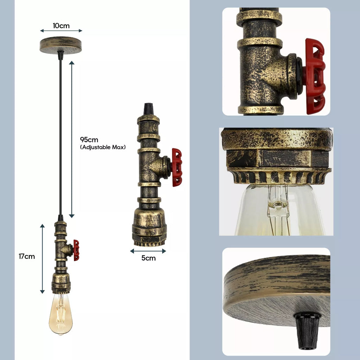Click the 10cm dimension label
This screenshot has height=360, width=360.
click(61, 26)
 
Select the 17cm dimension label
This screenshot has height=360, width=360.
click(27, 256)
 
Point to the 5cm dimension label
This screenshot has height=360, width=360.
click(148, 258)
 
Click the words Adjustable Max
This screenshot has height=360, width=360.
click(103, 147)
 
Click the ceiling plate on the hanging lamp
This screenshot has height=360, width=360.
click(60, 45)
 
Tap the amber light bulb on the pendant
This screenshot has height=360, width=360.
click(60, 314)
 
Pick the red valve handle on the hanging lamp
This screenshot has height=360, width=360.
click(76, 250)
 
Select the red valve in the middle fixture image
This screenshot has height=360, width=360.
click(177, 167)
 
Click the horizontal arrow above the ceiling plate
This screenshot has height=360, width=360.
click(61, 31)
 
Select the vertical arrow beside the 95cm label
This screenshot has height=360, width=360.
click(72, 139)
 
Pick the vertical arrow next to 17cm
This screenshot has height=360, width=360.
click(43, 258)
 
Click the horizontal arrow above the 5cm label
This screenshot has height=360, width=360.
click(148, 251)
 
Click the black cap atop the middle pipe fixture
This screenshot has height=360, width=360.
click(148, 109)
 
